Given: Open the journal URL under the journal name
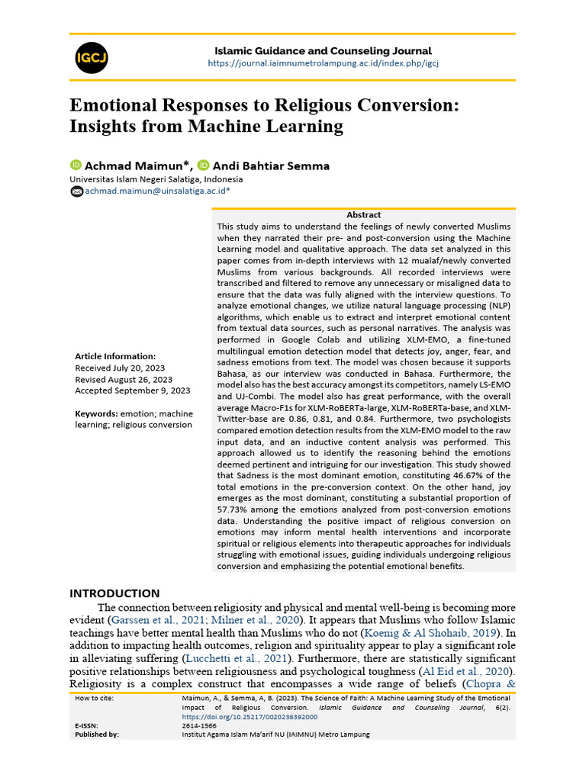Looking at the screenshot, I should (324, 63).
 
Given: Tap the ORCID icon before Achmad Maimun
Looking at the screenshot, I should (76, 165).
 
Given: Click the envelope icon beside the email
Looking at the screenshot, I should (76, 192).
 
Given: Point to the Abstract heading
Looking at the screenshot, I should (363, 215).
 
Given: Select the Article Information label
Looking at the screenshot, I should (115, 356).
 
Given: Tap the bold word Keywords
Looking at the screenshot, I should (95, 413).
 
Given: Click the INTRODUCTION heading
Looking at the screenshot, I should (114, 593).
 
